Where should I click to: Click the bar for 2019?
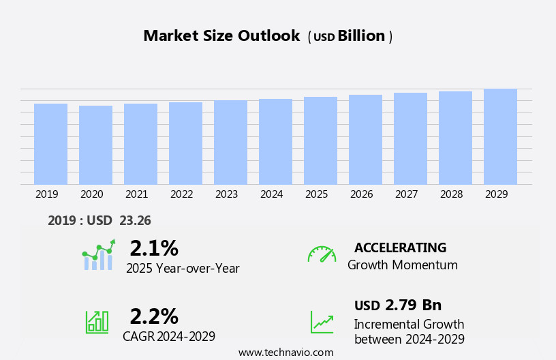coord(50,144)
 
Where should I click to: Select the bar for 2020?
coord(95,145)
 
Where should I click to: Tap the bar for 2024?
coord(275,141)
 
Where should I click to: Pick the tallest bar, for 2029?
coord(500,136)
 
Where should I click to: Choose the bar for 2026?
coord(365,139)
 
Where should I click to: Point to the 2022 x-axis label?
coord(181,194)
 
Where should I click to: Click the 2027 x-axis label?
coord(406,194)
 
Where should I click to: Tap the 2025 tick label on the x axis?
coord(316,194)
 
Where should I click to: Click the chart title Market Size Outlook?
coord(221,36)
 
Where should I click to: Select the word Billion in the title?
coord(361,36)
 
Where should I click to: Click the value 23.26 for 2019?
coord(135,220)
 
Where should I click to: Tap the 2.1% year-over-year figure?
coord(154,247)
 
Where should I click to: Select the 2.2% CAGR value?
coord(154,316)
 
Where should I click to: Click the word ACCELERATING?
coord(400,247)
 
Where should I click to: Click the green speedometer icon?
coord(322,254)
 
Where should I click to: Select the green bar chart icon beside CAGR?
coord(97,321)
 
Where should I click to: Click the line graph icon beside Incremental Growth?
coord(322,322)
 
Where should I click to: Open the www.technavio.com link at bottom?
coord(285,352)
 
